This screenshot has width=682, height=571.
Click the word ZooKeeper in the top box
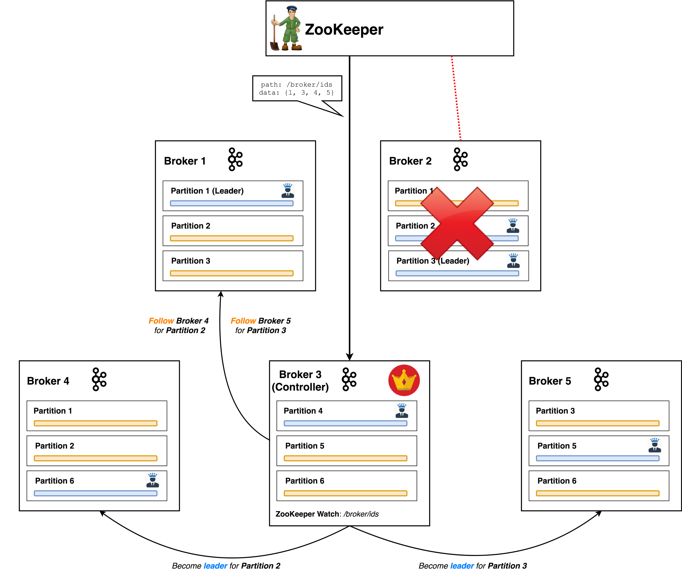[344, 30]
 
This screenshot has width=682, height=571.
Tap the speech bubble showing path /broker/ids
[297, 89]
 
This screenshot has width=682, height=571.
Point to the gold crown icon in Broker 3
[404, 380]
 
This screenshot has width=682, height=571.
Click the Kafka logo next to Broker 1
[235, 159]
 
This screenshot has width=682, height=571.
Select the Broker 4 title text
[48, 381]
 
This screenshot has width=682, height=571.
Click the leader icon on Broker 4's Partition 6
[152, 480]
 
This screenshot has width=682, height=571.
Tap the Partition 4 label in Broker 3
[303, 411]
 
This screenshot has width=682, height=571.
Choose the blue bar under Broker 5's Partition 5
[598, 458]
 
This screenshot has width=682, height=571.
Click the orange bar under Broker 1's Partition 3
[232, 273]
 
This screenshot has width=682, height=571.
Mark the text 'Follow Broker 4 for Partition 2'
[179, 326]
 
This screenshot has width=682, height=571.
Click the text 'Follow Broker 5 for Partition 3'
[261, 326]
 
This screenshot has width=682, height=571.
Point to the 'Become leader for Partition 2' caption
[226, 566]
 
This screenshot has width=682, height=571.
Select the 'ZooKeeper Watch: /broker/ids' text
[327, 514]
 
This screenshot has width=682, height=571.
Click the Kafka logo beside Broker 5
[601, 379]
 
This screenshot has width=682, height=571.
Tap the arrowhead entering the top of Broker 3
[350, 357]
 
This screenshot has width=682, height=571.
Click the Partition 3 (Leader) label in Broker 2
[433, 261]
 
